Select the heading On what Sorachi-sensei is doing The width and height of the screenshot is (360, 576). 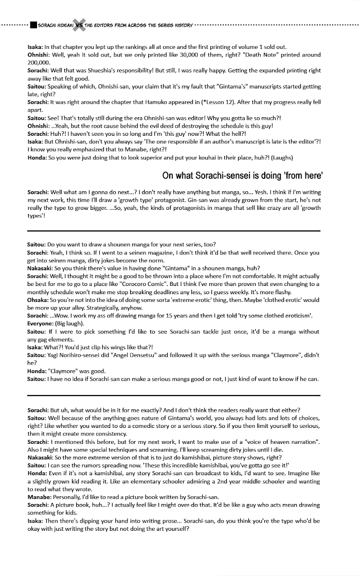pyautogui.click(x=242, y=176)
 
